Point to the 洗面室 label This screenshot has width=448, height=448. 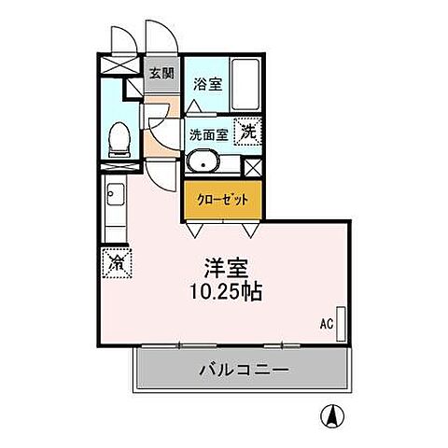tap(209, 133)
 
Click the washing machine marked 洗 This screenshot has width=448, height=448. tap(248, 133)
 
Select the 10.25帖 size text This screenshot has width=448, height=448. tap(224, 291)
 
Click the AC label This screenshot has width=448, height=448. tap(327, 324)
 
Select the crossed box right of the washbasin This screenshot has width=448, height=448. tap(250, 167)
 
